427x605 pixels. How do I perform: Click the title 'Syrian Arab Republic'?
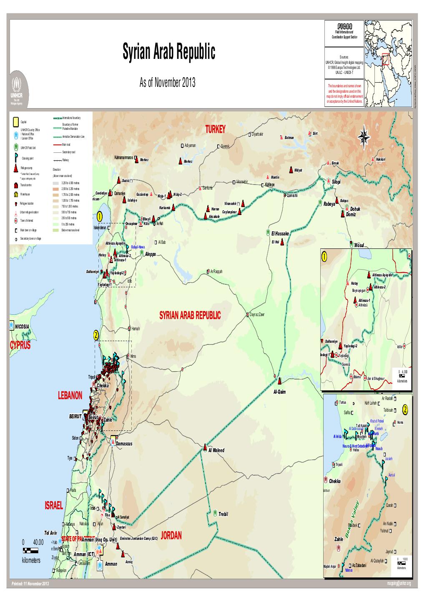(169, 53)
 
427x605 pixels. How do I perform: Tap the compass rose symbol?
(364, 137)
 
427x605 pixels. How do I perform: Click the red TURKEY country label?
(215, 129)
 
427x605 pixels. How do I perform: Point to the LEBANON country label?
(70, 395)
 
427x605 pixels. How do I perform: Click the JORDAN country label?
(171, 536)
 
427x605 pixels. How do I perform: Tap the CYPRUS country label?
(20, 346)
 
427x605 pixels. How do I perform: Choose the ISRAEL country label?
(53, 506)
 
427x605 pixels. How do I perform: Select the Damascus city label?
(124, 443)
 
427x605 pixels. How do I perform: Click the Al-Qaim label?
(279, 392)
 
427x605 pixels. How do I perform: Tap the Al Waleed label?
(216, 451)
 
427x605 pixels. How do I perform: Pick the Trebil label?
(224, 514)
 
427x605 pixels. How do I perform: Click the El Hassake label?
(280, 234)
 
